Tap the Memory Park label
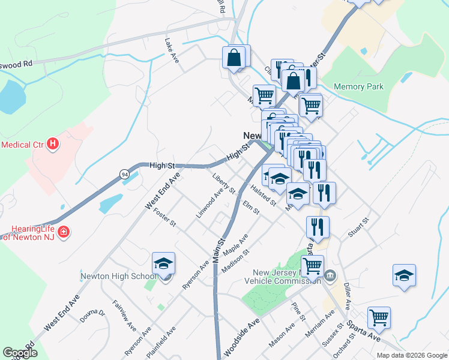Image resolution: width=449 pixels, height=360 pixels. [x=358, y=87]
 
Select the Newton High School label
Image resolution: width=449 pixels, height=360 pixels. [x=118, y=277]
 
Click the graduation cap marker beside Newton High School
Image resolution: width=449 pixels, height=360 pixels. [x=163, y=265]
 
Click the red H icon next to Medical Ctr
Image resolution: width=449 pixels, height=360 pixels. [x=53, y=144]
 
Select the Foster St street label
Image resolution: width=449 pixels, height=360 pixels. [x=164, y=218]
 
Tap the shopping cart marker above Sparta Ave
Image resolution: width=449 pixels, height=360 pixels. [x=379, y=317]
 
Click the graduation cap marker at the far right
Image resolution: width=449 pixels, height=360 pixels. [x=405, y=276]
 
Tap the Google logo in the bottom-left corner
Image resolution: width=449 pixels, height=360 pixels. [x=20, y=353]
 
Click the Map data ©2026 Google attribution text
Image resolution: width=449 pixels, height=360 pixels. [x=412, y=355]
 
